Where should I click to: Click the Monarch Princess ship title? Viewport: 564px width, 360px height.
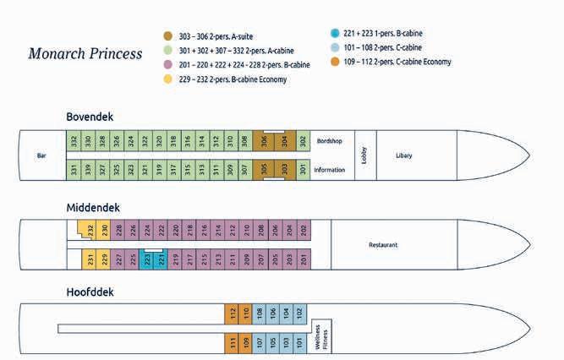click(85, 54)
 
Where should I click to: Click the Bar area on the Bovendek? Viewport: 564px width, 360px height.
click(41, 155)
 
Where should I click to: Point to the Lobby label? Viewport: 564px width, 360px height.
click(364, 155)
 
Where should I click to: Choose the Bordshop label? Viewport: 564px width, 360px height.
click(329, 141)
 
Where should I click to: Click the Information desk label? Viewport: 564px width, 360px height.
click(329, 169)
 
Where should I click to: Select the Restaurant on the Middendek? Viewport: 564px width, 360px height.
click(383, 245)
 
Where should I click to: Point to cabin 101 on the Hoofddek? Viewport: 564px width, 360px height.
click(299, 342)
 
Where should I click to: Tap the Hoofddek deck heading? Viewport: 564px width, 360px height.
click(90, 292)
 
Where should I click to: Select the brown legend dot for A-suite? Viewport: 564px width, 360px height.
click(169, 36)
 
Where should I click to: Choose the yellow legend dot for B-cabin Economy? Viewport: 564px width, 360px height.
click(169, 79)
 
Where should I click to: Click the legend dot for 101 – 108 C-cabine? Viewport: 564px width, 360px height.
click(336, 48)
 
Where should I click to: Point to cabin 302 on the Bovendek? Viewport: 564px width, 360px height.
click(303, 141)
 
